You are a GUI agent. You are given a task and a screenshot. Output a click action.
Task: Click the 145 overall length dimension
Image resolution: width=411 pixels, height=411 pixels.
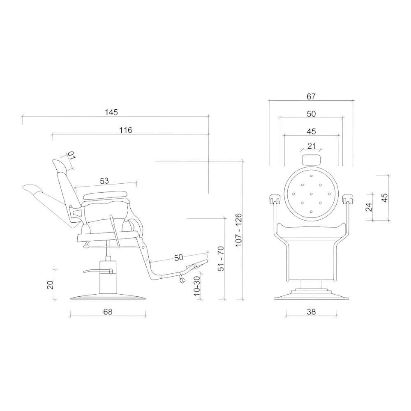pyautogui.click(x=111, y=112)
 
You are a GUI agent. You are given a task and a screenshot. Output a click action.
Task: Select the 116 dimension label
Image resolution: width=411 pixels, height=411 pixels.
pyautogui.click(x=126, y=130)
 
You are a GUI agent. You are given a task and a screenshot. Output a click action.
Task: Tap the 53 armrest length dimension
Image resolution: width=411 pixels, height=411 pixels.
pyautogui.click(x=104, y=181)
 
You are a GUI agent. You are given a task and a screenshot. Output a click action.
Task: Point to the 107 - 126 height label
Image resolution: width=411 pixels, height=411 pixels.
pyautogui.click(x=238, y=230)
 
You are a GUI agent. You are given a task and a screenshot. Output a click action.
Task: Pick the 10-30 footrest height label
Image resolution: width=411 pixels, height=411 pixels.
pyautogui.click(x=197, y=286)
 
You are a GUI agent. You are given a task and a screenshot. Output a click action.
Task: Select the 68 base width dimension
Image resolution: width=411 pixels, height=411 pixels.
pyautogui.click(x=108, y=312)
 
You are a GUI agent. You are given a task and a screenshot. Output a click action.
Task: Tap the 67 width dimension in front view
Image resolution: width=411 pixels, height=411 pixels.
pyautogui.click(x=311, y=97)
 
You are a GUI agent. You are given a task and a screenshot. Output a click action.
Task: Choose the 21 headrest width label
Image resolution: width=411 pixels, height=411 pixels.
pyautogui.click(x=312, y=146)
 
